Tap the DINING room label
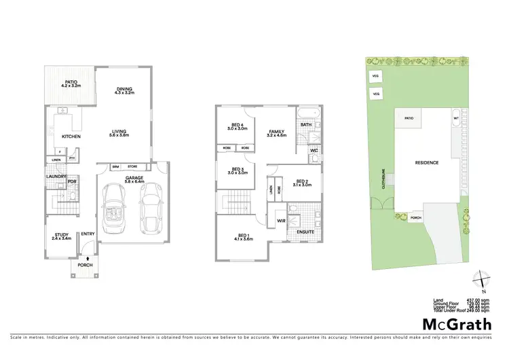[x=124, y=88]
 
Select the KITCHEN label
[x=72, y=137]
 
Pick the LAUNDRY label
[x=56, y=177]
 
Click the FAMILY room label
[x=277, y=131]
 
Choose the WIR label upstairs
[x=280, y=221]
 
